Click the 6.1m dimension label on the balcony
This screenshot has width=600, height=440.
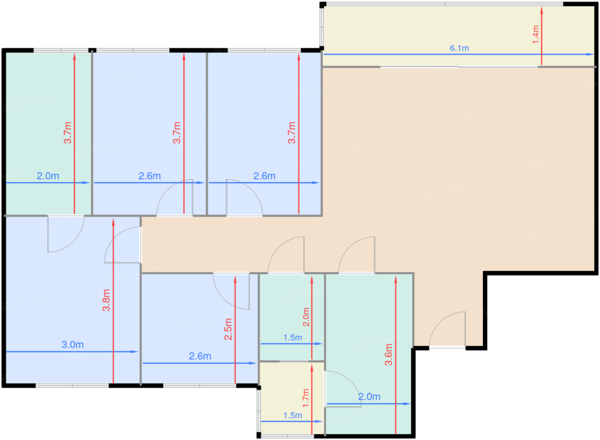click(459, 48)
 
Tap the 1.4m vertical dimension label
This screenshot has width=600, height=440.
click(535, 34)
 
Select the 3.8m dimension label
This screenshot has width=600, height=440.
click(106, 300)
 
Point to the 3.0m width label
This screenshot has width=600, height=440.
click(72, 344)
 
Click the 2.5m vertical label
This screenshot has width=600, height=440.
click(228, 329)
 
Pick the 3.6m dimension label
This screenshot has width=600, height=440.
click(388, 354)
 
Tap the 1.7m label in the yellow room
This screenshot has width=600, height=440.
click(306, 398)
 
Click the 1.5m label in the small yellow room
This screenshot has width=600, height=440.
click(292, 415)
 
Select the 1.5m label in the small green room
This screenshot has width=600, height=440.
click(292, 338)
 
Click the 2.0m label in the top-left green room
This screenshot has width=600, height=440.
click(48, 176)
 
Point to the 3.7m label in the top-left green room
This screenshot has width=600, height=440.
click(68, 132)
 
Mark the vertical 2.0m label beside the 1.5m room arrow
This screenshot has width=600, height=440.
click(306, 317)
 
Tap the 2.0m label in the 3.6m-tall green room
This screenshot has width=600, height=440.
click(369, 397)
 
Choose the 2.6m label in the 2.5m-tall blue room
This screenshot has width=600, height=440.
click(200, 356)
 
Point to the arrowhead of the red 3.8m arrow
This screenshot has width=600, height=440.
click(113, 221)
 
